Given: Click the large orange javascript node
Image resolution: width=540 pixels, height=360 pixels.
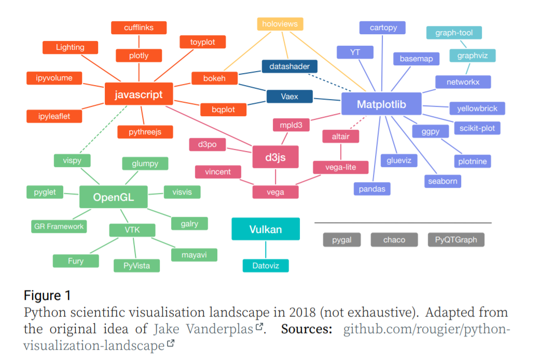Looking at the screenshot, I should coord(139,94).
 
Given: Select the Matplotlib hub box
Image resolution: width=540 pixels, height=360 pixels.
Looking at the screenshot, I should coord(381,105).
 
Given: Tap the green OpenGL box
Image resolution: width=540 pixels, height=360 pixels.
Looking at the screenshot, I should coord(113,197).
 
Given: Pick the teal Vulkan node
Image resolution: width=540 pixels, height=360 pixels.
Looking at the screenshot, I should coord(265,229).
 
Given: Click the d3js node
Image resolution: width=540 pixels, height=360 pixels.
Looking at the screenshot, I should coord(275,157).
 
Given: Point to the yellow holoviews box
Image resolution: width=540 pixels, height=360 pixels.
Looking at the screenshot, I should coord(280,24).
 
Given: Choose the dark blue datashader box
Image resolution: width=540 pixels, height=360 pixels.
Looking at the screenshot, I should coord(289,66).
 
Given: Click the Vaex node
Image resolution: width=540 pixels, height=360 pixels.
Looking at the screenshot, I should coord(289,96).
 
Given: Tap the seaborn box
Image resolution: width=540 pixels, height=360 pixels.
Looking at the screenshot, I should coord(442,181).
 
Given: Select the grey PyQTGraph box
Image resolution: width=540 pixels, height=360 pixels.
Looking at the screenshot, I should coord(456,240).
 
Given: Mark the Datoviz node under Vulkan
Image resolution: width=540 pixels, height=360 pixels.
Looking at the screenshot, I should coord(266,266).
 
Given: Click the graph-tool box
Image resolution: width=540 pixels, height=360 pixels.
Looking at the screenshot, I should coord(453,33).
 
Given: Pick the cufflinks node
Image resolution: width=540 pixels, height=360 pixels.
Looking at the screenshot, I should coord(139,27).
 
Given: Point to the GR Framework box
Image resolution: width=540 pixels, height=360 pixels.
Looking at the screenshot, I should coord(59,226).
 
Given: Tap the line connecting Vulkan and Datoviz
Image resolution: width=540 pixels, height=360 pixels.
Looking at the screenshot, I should coord(266,250).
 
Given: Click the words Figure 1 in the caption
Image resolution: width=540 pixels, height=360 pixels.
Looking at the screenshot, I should coord(47,296).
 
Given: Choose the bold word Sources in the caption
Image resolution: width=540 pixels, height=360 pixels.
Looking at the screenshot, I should coord(307,329).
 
